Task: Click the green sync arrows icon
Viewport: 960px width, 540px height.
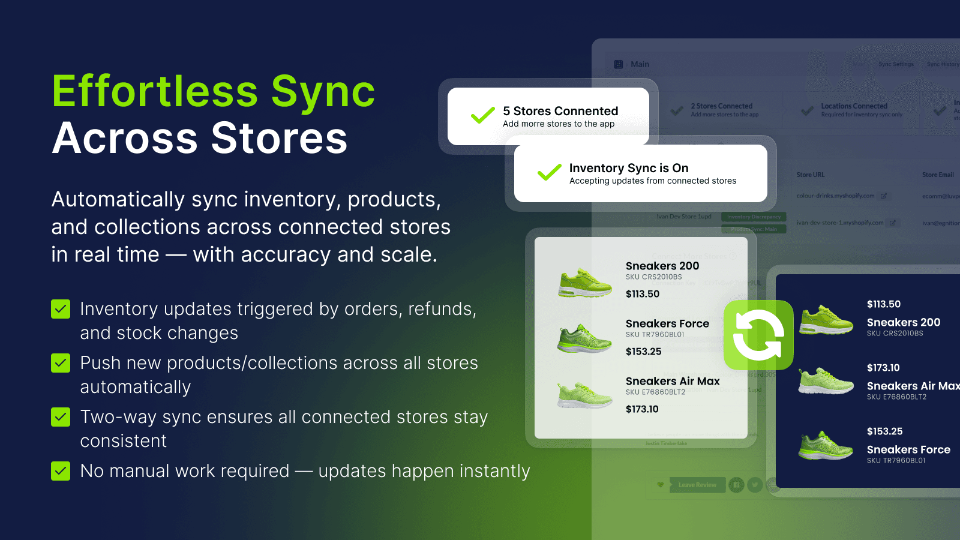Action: point(758,335)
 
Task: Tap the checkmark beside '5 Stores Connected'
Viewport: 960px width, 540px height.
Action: point(482,115)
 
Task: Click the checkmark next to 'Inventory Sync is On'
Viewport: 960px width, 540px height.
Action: point(549,172)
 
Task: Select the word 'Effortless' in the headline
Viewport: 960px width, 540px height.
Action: point(155,92)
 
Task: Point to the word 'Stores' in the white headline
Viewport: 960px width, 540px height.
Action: point(279,138)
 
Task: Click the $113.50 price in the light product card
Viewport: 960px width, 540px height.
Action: point(642,294)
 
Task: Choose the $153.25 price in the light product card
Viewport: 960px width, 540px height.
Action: point(643,352)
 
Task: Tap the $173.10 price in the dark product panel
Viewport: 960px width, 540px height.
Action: point(883,368)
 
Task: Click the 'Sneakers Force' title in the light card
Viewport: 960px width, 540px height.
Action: point(667,324)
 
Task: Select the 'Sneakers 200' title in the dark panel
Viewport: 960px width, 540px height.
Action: point(903,322)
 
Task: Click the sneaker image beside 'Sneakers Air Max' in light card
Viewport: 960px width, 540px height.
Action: point(584,395)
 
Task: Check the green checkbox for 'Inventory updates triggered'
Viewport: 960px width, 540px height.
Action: point(61,309)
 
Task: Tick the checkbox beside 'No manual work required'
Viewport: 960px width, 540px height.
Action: point(61,471)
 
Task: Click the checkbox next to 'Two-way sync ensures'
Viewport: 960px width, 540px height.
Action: point(61,417)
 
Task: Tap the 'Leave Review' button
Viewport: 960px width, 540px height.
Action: point(697,485)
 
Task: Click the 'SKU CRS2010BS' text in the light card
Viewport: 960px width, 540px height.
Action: point(653,277)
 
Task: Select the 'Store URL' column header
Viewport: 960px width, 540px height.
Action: point(810,175)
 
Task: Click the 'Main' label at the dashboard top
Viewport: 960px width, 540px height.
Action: point(640,64)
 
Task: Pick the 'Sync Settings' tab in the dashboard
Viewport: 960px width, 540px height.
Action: point(896,64)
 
